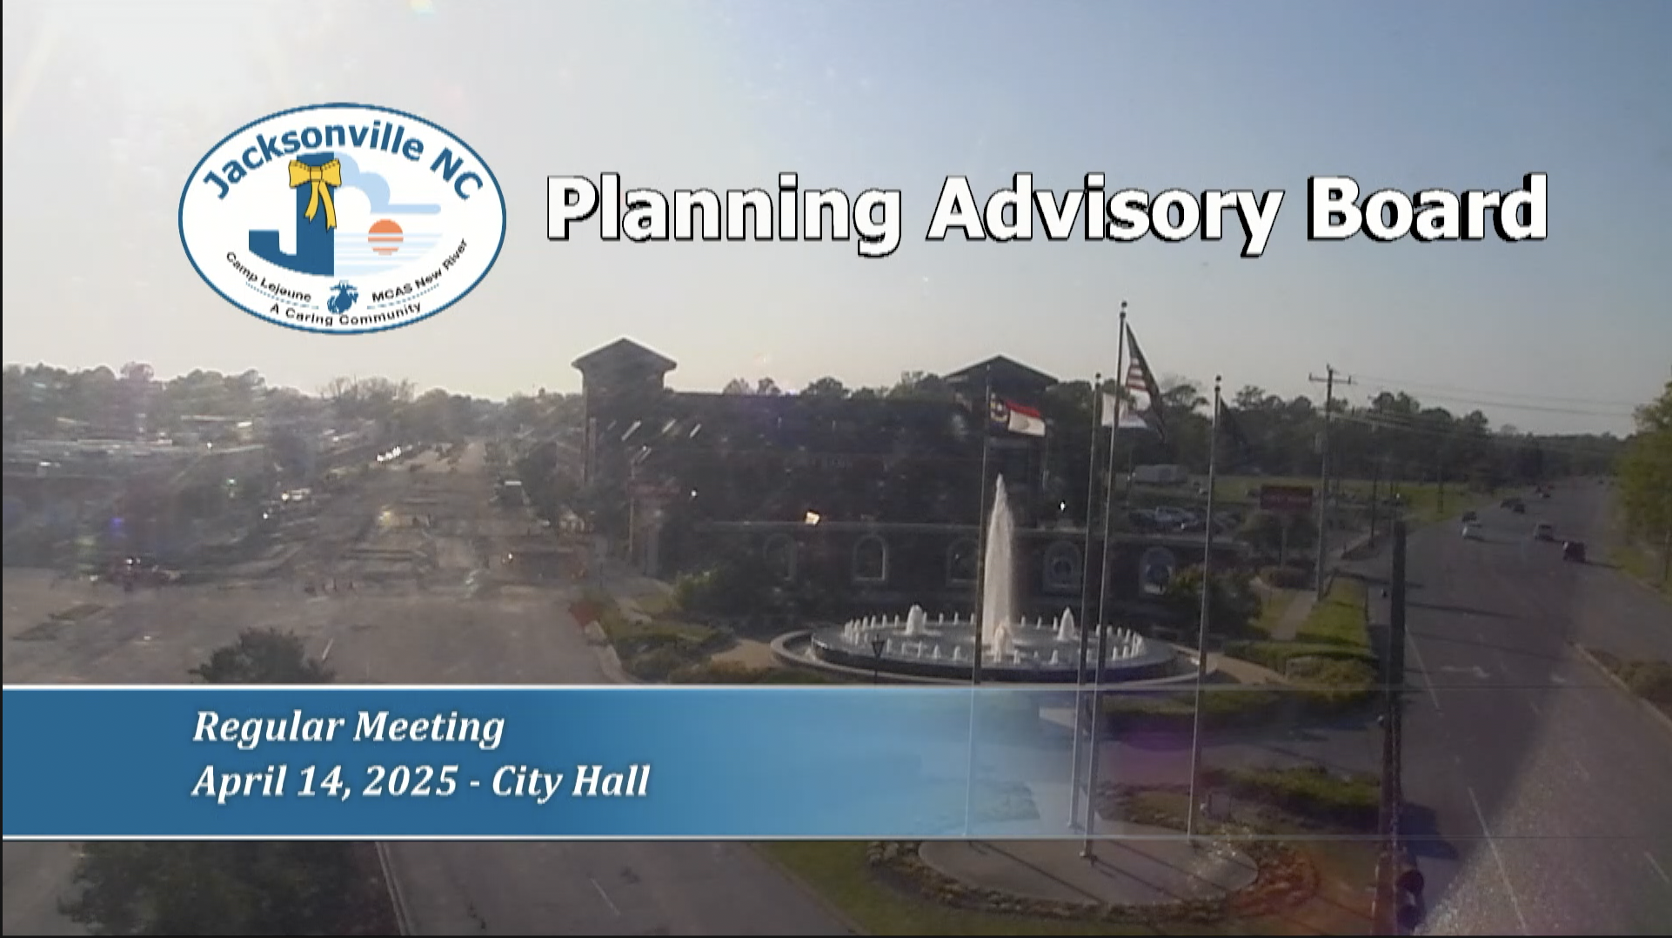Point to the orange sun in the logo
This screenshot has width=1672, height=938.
385,237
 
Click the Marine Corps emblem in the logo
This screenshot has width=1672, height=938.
342,297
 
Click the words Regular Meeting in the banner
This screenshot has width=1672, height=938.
348,727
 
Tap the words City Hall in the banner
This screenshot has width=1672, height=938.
571,781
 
